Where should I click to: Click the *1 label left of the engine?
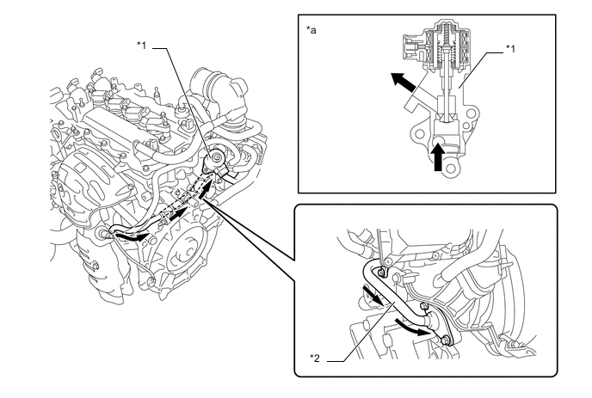tap(141, 46)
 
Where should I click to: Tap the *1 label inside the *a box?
tap(510, 49)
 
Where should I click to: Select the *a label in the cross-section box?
tap(311, 30)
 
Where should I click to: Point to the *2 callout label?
tap(315, 358)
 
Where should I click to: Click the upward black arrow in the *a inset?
tap(438, 157)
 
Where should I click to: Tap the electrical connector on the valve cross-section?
tap(412, 48)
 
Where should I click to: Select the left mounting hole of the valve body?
tap(419, 133)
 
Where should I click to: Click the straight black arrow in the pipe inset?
tap(373, 294)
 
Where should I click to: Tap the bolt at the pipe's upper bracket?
tap(382, 272)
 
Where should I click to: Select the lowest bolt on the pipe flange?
tap(447, 340)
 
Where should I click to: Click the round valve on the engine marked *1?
tap(213, 160)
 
